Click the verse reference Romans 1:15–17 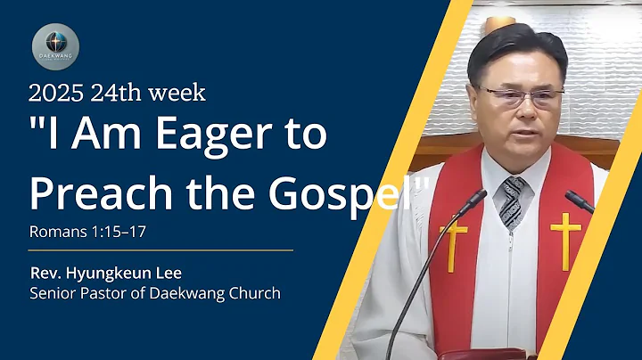pos(86,231)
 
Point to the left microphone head pos(473,200)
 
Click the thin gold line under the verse pos(160,251)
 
